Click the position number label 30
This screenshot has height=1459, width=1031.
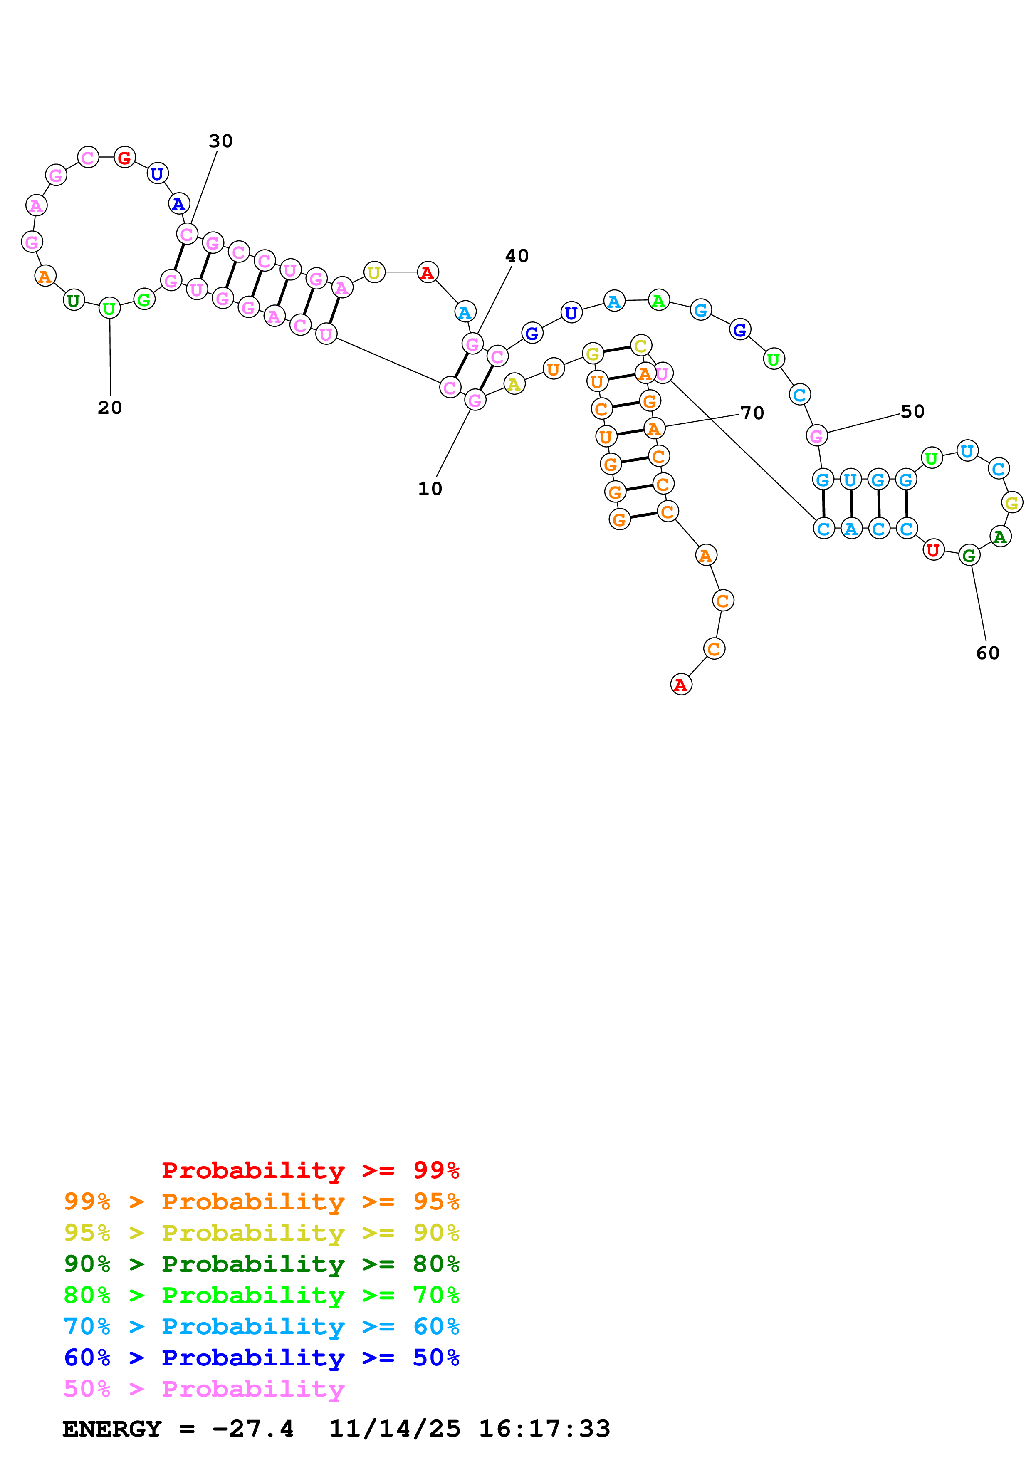point(220,141)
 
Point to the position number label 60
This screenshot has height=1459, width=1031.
point(987,653)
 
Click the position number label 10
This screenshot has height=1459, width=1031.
point(430,489)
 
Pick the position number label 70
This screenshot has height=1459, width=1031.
point(752,413)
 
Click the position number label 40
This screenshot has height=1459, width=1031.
point(517,256)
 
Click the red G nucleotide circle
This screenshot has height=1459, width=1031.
point(124,158)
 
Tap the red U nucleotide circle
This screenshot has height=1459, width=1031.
point(932,550)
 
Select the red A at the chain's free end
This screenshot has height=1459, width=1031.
point(681,685)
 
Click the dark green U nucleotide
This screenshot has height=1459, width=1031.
point(74,301)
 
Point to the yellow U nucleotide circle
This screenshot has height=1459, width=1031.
point(374,272)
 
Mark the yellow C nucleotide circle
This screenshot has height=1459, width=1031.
point(641,346)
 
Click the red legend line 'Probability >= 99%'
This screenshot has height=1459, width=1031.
point(310,1170)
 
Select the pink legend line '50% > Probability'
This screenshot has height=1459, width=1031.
point(204,1389)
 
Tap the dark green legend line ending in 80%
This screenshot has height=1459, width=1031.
point(261,1264)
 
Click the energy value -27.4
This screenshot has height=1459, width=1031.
point(253,1429)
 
